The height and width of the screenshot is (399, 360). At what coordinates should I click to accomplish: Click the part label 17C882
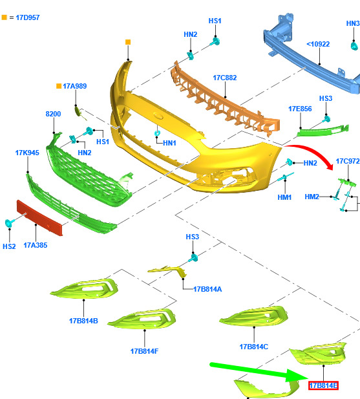(x=225, y=78)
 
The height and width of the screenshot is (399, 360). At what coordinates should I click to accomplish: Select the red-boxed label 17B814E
(x=323, y=385)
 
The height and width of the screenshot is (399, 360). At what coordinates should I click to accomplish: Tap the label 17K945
(x=27, y=153)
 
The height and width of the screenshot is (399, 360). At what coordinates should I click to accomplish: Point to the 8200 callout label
(x=53, y=114)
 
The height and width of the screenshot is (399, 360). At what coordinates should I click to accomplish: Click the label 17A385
(x=36, y=245)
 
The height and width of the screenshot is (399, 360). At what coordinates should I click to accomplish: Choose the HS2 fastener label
(x=9, y=246)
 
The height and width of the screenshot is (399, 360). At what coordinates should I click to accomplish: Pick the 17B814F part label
(x=144, y=351)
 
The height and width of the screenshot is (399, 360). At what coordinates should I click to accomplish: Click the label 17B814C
(x=254, y=347)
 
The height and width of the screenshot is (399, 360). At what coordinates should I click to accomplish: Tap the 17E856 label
(x=300, y=109)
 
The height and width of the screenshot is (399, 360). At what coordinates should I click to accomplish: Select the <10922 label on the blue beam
(x=318, y=44)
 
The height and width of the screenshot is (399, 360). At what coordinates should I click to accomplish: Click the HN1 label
(x=169, y=143)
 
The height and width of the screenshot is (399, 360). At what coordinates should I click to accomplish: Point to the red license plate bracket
(x=39, y=218)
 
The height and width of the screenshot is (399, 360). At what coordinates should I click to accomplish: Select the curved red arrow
(x=315, y=152)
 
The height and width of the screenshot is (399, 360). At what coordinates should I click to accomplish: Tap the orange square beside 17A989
(x=59, y=86)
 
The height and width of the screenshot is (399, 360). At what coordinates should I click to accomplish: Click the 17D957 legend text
(x=28, y=17)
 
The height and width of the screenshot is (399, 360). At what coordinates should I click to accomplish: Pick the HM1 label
(x=284, y=197)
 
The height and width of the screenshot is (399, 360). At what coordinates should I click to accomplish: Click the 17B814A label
(x=207, y=289)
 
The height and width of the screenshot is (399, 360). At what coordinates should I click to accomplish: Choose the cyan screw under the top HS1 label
(x=215, y=42)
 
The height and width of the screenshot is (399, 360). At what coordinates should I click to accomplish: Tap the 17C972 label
(x=348, y=161)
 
